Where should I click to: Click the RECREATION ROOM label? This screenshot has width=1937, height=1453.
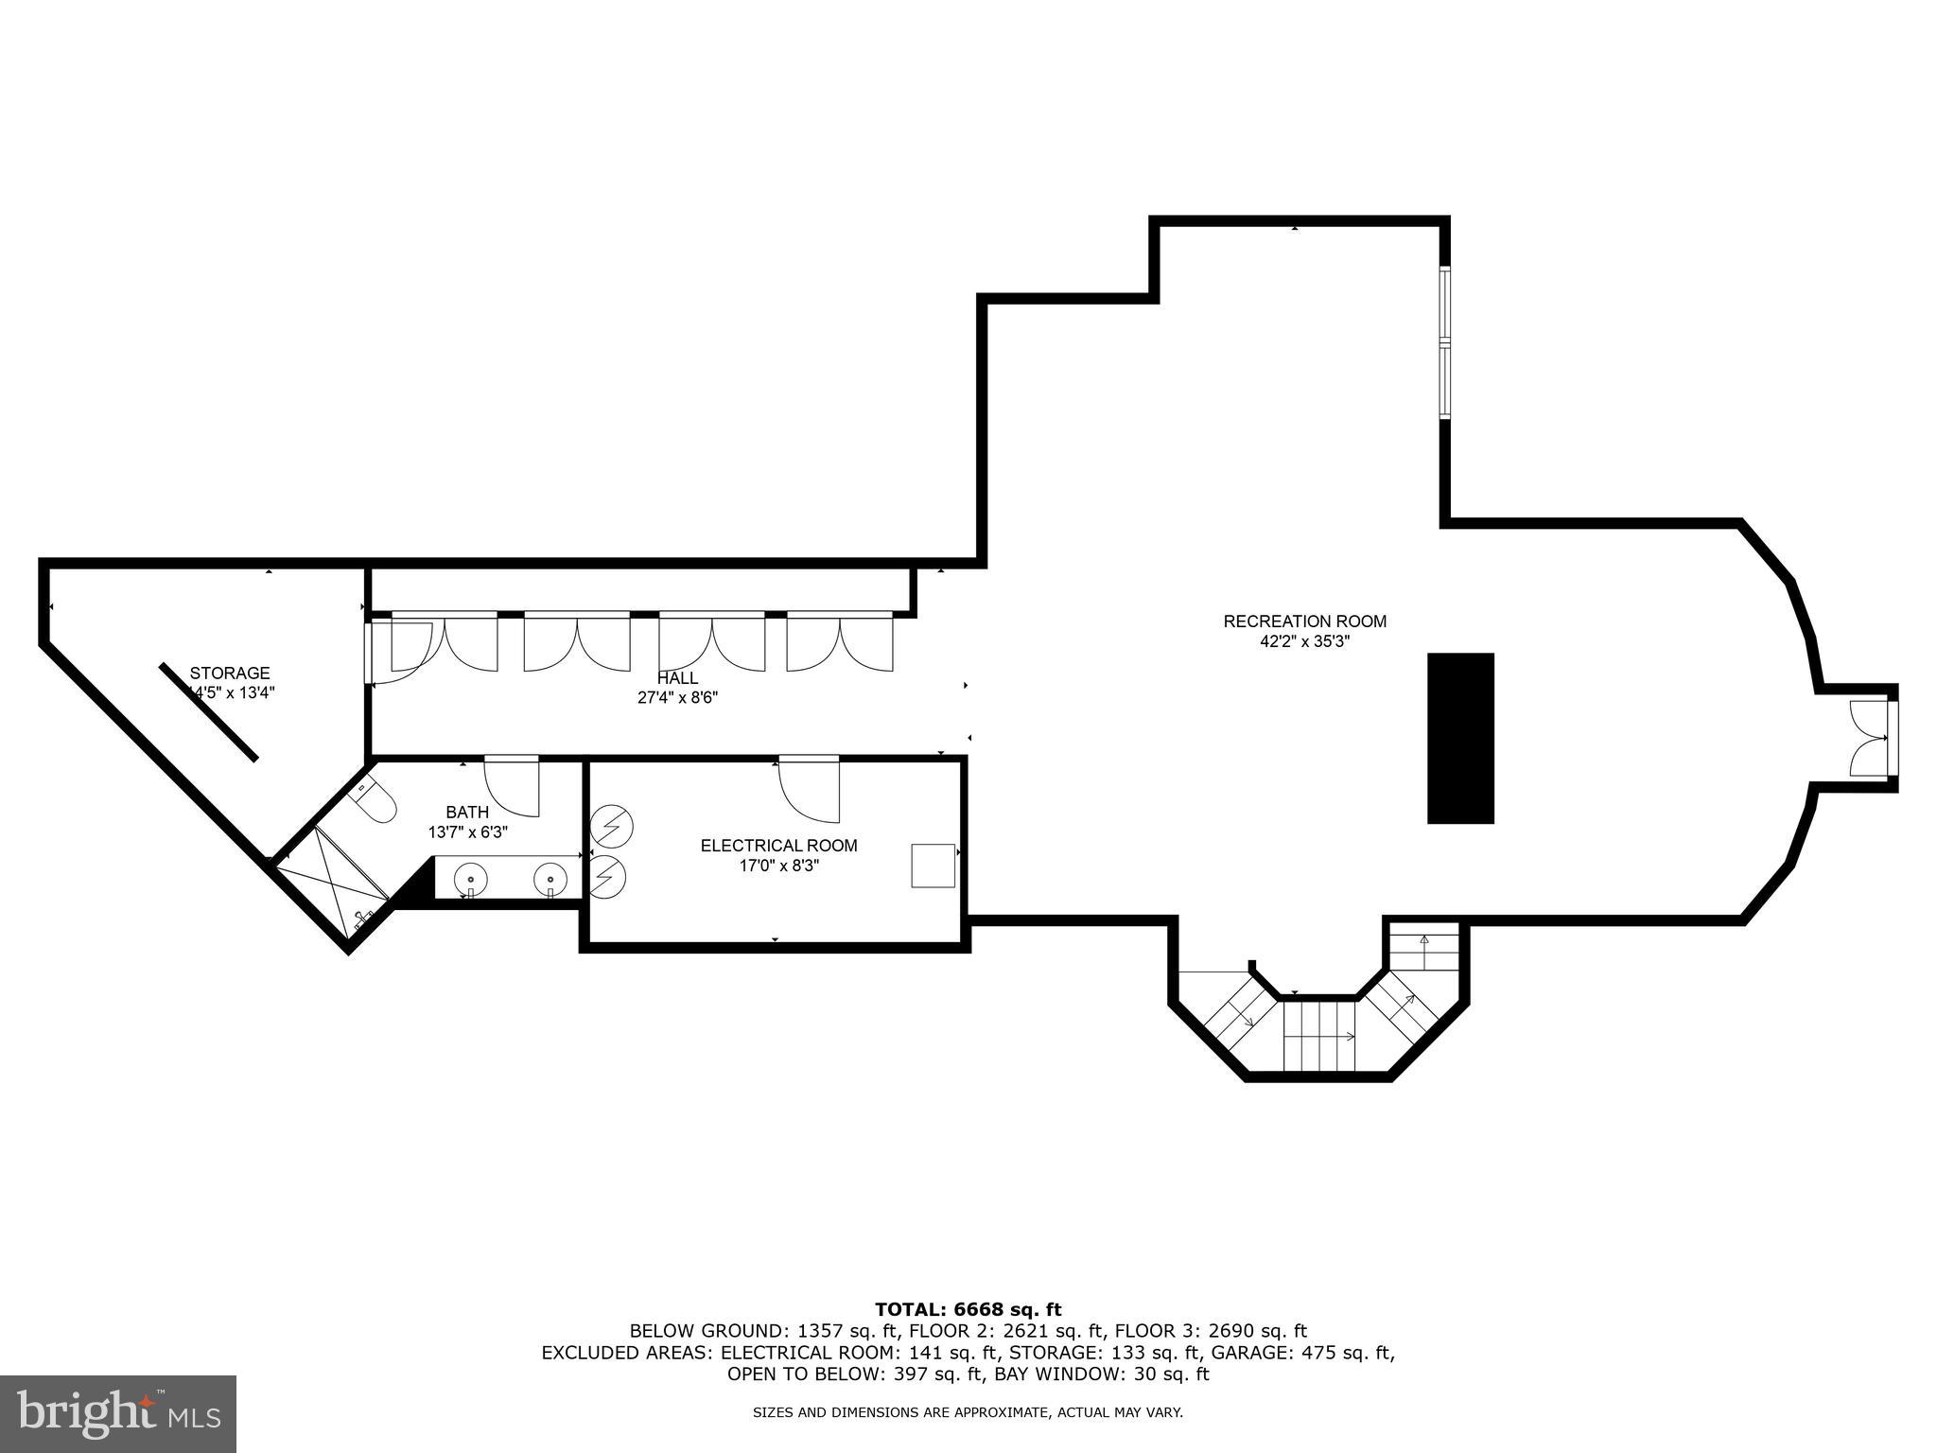point(1304,621)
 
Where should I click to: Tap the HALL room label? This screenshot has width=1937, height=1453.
point(677,678)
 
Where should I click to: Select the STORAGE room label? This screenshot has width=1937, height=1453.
point(230,673)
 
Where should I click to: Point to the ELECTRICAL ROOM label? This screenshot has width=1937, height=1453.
point(778,846)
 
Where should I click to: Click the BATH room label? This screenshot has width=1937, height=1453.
point(467,812)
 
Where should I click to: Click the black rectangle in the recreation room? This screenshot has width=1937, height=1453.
point(1459,738)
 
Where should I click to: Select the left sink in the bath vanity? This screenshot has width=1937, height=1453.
point(471,880)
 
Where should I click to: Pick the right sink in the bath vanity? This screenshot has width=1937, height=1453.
point(549,880)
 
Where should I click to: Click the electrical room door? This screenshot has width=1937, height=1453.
point(810,788)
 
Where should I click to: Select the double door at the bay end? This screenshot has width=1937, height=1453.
point(1870,738)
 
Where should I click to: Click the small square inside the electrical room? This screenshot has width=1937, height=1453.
point(933,866)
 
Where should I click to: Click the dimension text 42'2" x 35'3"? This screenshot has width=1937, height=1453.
point(1304,641)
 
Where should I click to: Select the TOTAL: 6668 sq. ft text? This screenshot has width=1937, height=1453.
point(968,1309)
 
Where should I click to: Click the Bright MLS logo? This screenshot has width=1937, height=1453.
point(118,1414)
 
